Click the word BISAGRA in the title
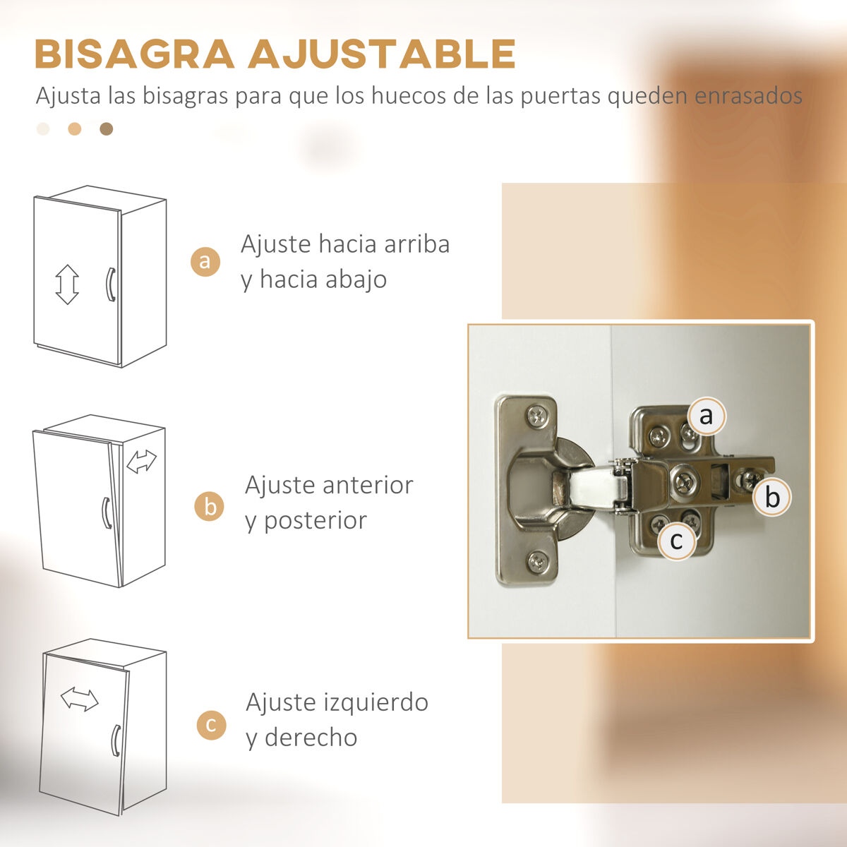pyautogui.click(x=135, y=54)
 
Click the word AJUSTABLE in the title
pyautogui.click(x=382, y=54)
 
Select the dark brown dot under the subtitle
pyautogui.click(x=107, y=128)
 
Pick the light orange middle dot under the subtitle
pyautogui.click(x=75, y=128)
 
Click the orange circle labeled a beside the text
pyautogui.click(x=205, y=262)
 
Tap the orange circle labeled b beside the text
pyautogui.click(x=209, y=506)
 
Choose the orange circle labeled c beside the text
pyautogui.click(x=212, y=725)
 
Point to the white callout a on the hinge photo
pyautogui.click(x=706, y=416)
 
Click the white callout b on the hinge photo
pyautogui.click(x=772, y=497)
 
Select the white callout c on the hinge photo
pyautogui.click(x=677, y=541)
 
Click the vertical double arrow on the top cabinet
pyautogui.click(x=67, y=284)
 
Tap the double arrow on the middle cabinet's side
pyautogui.click(x=141, y=462)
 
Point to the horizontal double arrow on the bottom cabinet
pyautogui.click(x=80, y=699)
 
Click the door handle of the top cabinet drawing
pyautogui.click(x=112, y=284)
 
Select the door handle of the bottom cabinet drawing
pyautogui.click(x=116, y=740)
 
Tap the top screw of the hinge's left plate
pyautogui.click(x=536, y=415)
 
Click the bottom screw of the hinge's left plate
pyautogui.click(x=538, y=562)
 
